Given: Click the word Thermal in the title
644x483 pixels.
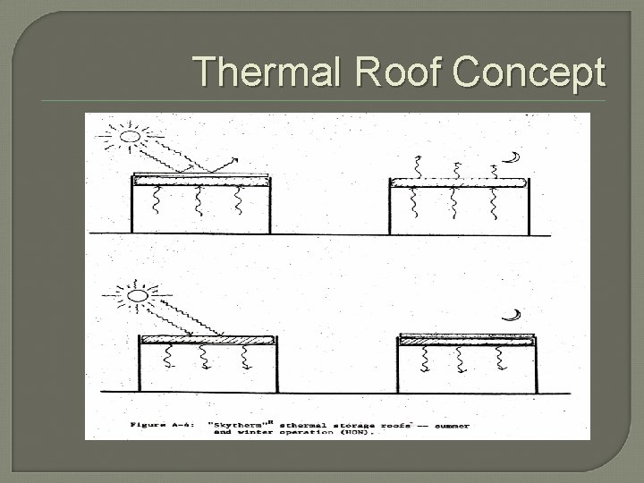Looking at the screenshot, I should pyautogui.click(x=253, y=71).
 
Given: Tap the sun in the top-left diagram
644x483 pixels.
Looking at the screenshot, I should pyautogui.click(x=130, y=138).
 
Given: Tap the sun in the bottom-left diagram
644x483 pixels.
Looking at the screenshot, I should pyautogui.click(x=140, y=294).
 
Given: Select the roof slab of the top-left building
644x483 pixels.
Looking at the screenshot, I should pyautogui.click(x=200, y=180).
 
